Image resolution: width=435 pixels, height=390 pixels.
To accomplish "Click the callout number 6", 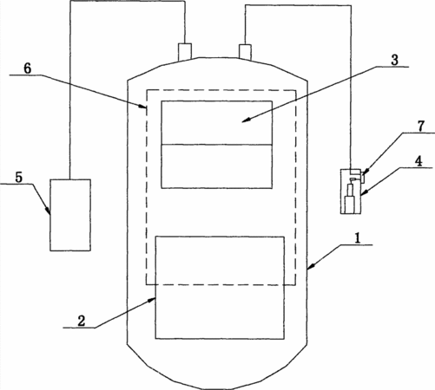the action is (x=28, y=68).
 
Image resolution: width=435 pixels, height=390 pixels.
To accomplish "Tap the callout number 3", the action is (x=394, y=60).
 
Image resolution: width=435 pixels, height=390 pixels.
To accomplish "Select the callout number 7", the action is (x=420, y=126).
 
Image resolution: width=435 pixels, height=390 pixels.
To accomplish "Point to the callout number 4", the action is (x=419, y=160).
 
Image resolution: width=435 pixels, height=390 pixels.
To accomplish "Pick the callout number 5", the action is (x=18, y=178).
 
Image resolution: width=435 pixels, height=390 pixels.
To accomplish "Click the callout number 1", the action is (x=358, y=238).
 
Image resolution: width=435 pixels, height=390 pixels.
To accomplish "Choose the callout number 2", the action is (x=82, y=321).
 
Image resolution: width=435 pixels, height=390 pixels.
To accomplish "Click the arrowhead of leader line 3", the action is (x=245, y=120).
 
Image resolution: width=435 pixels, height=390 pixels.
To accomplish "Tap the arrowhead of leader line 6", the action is (x=143, y=107).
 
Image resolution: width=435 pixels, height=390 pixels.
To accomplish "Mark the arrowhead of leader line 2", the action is (x=152, y=300).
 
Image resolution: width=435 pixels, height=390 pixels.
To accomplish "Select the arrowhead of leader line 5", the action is (x=49, y=211).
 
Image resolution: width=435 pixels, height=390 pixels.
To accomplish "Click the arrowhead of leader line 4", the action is (x=364, y=192).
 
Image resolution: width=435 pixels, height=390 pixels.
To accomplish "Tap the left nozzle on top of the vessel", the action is (x=185, y=52).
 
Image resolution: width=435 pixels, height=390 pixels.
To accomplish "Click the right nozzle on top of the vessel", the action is (x=245, y=52).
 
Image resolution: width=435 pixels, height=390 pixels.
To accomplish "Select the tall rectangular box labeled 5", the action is (x=70, y=215).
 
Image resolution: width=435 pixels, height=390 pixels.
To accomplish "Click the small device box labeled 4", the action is (x=351, y=192).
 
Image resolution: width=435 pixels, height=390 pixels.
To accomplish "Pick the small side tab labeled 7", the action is (x=363, y=177).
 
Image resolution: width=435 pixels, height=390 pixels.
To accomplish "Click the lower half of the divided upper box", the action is (x=216, y=166).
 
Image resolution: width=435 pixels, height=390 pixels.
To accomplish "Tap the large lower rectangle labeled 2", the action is (x=220, y=288).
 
